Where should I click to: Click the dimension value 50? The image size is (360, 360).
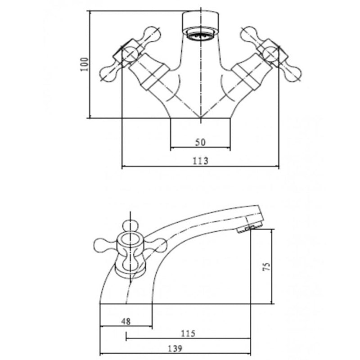(x=200, y=142)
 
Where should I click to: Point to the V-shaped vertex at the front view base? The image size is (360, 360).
(x=200, y=118)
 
